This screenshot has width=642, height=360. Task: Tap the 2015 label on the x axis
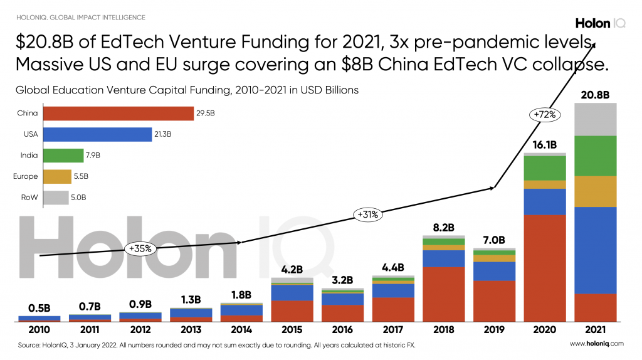292,329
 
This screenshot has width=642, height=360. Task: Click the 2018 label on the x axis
443,329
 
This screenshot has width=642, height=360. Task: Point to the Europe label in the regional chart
26,177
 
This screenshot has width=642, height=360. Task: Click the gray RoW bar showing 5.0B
56,198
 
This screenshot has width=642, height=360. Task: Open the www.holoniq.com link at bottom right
596,344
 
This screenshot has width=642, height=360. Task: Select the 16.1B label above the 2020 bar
545,145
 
